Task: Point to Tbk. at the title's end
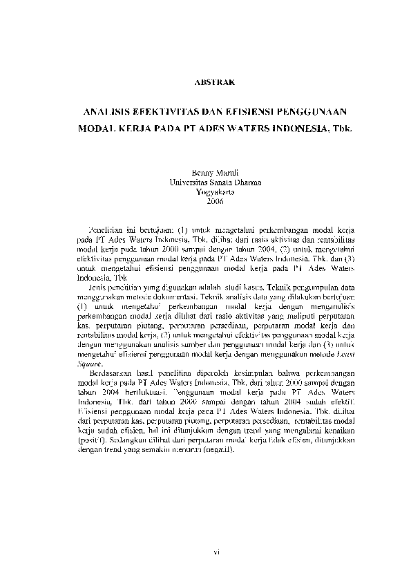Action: (342, 129)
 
